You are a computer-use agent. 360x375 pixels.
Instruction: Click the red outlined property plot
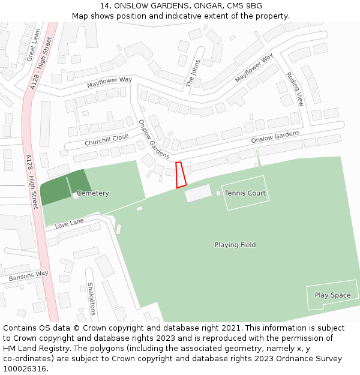point(180,175)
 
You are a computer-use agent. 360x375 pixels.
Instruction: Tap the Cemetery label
point(93,193)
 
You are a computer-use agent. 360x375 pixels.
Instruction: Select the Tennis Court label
point(245,193)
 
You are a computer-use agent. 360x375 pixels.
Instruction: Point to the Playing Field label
point(235,245)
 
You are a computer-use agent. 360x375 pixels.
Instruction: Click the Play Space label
point(332,295)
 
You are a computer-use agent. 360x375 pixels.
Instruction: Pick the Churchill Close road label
point(106,139)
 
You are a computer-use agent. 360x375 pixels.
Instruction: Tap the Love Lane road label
point(69,224)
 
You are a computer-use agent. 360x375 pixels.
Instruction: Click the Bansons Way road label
point(28,277)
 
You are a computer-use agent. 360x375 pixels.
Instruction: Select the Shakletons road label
point(92,299)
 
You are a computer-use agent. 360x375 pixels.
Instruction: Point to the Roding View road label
point(295,89)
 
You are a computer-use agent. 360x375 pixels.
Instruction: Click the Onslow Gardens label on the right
point(275,137)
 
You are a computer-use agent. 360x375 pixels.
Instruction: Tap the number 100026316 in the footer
point(25,368)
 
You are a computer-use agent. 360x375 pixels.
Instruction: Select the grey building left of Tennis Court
point(197,193)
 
